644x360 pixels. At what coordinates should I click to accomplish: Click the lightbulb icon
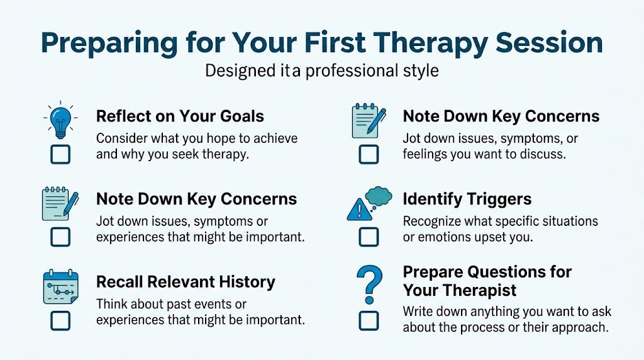(60, 120)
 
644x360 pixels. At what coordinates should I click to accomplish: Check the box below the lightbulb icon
(60, 154)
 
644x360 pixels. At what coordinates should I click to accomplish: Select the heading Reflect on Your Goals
(180, 116)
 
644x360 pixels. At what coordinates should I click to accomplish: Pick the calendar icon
(60, 286)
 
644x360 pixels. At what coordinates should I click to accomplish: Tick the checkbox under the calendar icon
(60, 321)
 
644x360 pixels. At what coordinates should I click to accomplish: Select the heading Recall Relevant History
(186, 282)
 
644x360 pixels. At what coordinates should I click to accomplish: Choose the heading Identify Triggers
(467, 200)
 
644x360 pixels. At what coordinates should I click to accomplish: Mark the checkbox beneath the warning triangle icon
(369, 237)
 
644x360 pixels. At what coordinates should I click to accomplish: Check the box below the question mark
(369, 320)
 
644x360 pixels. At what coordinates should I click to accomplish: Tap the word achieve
(271, 138)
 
